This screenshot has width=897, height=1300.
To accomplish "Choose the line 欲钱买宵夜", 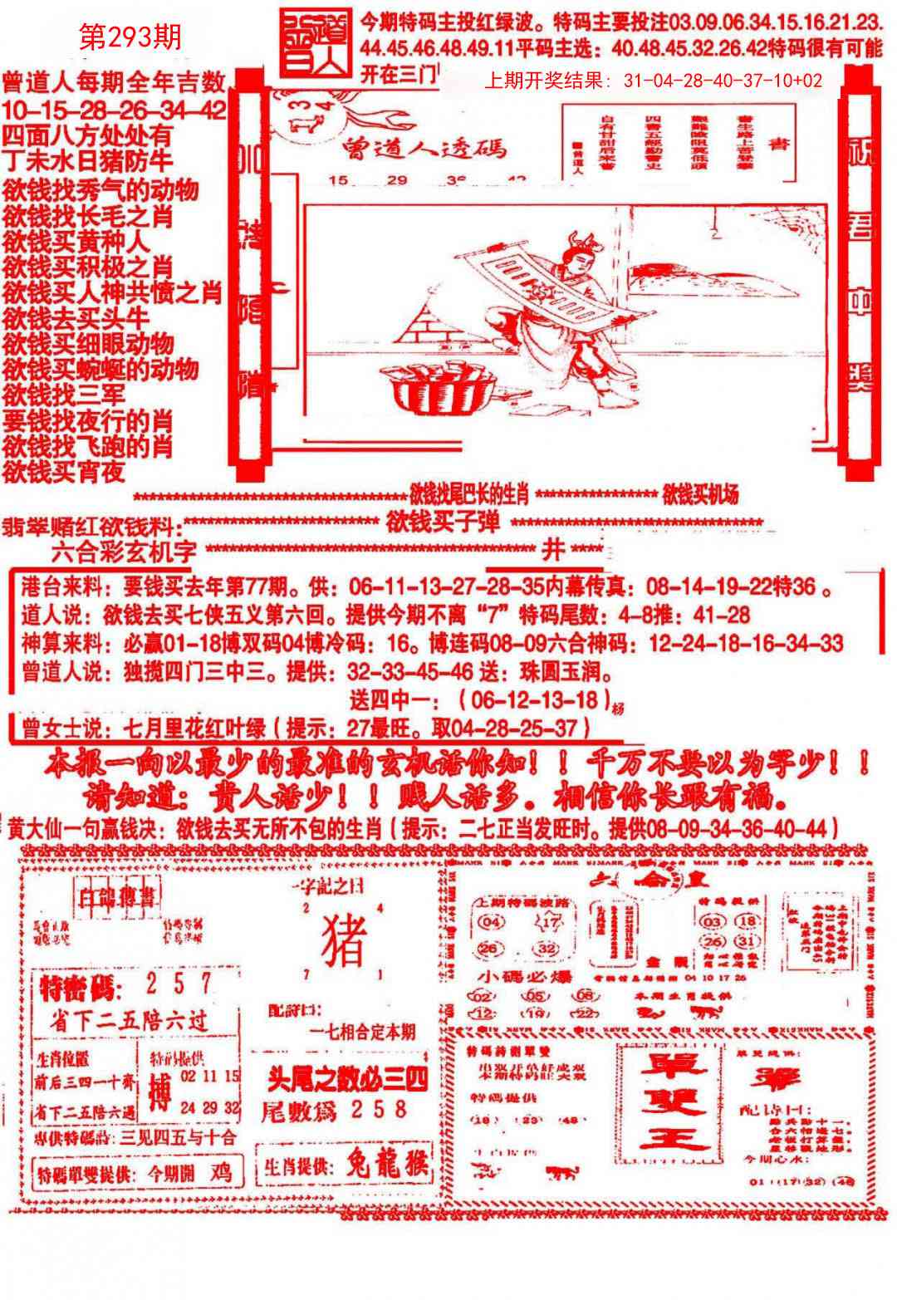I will pos(64,472).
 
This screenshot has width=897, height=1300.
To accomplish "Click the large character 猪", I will pos(343,937).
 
